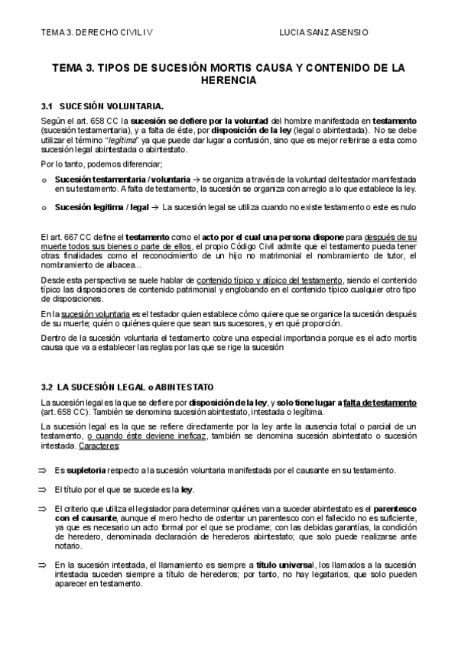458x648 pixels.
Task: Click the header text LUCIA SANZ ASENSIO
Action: [324, 33]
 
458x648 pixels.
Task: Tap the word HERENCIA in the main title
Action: [229, 79]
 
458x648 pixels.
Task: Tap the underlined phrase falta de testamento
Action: [381, 403]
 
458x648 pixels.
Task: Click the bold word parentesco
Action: [382, 508]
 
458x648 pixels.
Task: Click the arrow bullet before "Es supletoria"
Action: [44, 469]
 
